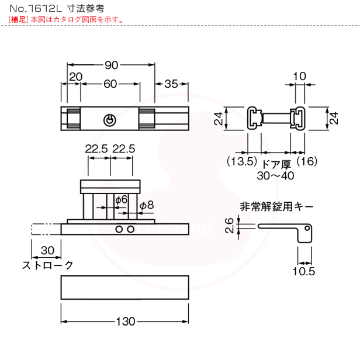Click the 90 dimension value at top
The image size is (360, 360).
(x=110, y=65)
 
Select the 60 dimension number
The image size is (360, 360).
(x=110, y=84)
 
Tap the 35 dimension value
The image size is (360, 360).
(x=171, y=84)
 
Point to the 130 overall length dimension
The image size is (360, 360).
(x=125, y=321)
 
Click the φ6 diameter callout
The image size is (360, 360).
(x=121, y=200)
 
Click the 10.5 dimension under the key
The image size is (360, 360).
(x=305, y=271)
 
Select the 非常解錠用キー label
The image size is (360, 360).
(x=276, y=206)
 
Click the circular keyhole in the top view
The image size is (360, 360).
(x=109, y=120)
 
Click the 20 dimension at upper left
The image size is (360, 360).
(x=75, y=77)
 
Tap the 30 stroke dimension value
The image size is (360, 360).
(x=47, y=250)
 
